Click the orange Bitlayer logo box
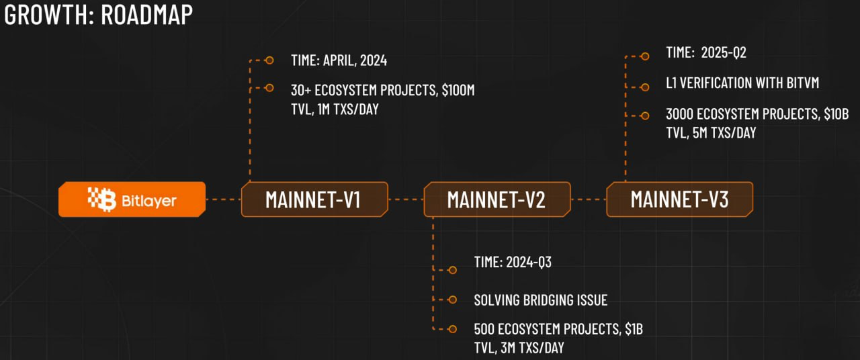(132, 199)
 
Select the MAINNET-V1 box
(314, 199)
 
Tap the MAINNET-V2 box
(497, 199)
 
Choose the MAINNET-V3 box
(679, 199)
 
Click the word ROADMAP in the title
(146, 15)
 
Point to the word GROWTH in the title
(45, 15)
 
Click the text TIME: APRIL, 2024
(339, 60)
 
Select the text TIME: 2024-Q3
(513, 262)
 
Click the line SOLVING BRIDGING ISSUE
(540, 300)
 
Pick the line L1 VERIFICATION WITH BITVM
(742, 83)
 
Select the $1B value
(634, 330)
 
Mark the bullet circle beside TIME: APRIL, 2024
(269, 60)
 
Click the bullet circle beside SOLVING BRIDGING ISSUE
(452, 300)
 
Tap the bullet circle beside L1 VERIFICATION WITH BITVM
(645, 87)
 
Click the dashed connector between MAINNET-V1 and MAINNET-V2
(406, 199)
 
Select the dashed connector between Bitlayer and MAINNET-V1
(223, 199)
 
